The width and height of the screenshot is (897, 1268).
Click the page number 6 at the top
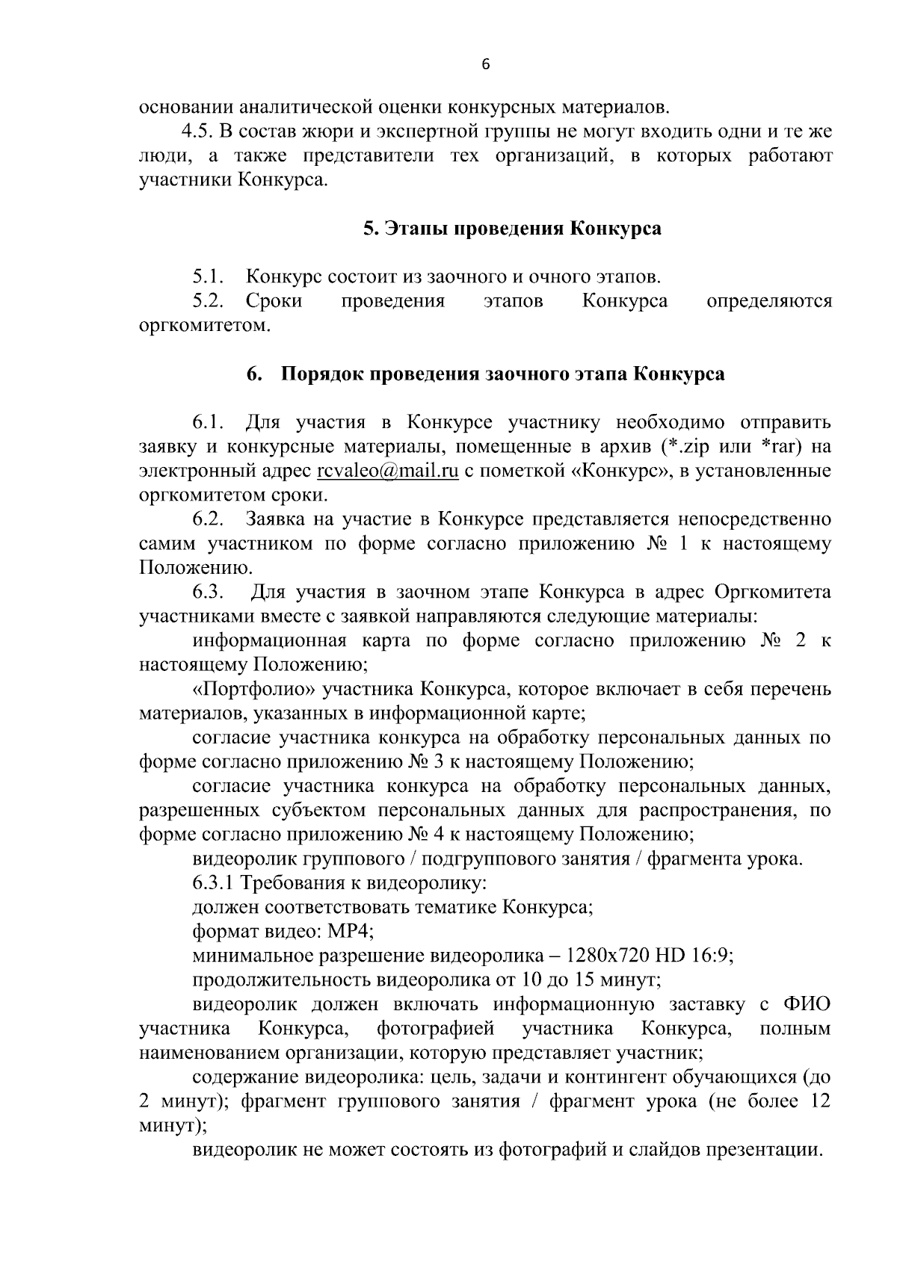[x=484, y=65]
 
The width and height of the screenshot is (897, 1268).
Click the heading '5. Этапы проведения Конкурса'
[x=512, y=228]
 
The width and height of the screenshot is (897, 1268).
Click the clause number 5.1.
[x=209, y=277]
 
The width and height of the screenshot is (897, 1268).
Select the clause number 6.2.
[x=209, y=519]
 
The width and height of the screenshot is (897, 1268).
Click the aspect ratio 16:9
[x=715, y=956]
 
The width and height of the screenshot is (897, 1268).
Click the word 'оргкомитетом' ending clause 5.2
[x=204, y=326]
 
